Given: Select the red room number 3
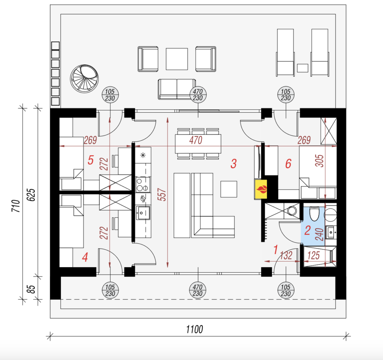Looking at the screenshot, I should pyautogui.click(x=233, y=164).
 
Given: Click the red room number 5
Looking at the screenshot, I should pyautogui.click(x=90, y=160).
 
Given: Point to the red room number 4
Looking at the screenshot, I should pyautogui.click(x=85, y=257).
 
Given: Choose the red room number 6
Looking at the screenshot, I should pyautogui.click(x=288, y=164).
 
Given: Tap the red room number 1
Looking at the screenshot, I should pyautogui.click(x=276, y=250).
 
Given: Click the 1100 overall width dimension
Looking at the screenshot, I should pyautogui.click(x=194, y=329).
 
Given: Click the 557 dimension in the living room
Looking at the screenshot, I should pyautogui.click(x=163, y=195).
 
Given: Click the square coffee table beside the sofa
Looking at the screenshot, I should pyautogui.click(x=229, y=189).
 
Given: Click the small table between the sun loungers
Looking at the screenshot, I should pyautogui.click(x=302, y=68).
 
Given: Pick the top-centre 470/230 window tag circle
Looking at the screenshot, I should pyautogui.click(x=198, y=95).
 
